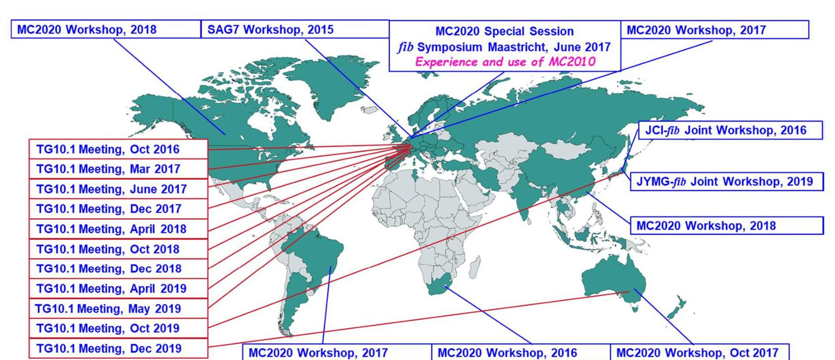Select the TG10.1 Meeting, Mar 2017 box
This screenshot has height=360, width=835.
click(x=118, y=169)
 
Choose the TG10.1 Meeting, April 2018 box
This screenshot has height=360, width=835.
click(x=118, y=229)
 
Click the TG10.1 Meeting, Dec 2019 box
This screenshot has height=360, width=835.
click(x=118, y=348)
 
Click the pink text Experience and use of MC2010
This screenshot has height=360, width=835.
click(x=505, y=62)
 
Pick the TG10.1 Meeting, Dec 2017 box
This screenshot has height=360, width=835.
click(x=118, y=209)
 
